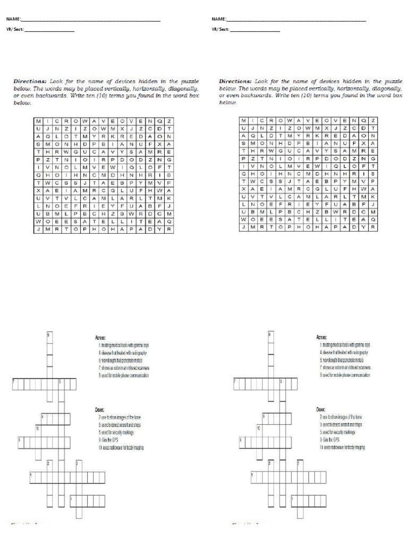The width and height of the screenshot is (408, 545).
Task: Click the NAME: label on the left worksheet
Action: point(13,20)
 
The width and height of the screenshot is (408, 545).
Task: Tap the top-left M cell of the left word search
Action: point(38,121)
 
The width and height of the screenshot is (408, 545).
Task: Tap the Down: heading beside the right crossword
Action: point(321,409)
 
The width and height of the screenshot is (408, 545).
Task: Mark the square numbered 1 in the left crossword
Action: point(32,474)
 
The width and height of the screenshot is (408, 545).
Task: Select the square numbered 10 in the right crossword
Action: point(259,428)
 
